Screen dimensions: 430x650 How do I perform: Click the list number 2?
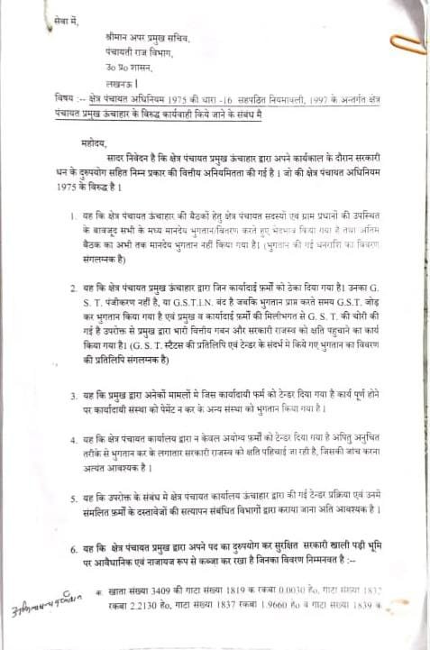pos(72,287)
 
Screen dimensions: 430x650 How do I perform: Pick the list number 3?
pos(72,396)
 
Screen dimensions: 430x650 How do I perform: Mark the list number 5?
pos(72,498)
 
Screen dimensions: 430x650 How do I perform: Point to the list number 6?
pos(72,548)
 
